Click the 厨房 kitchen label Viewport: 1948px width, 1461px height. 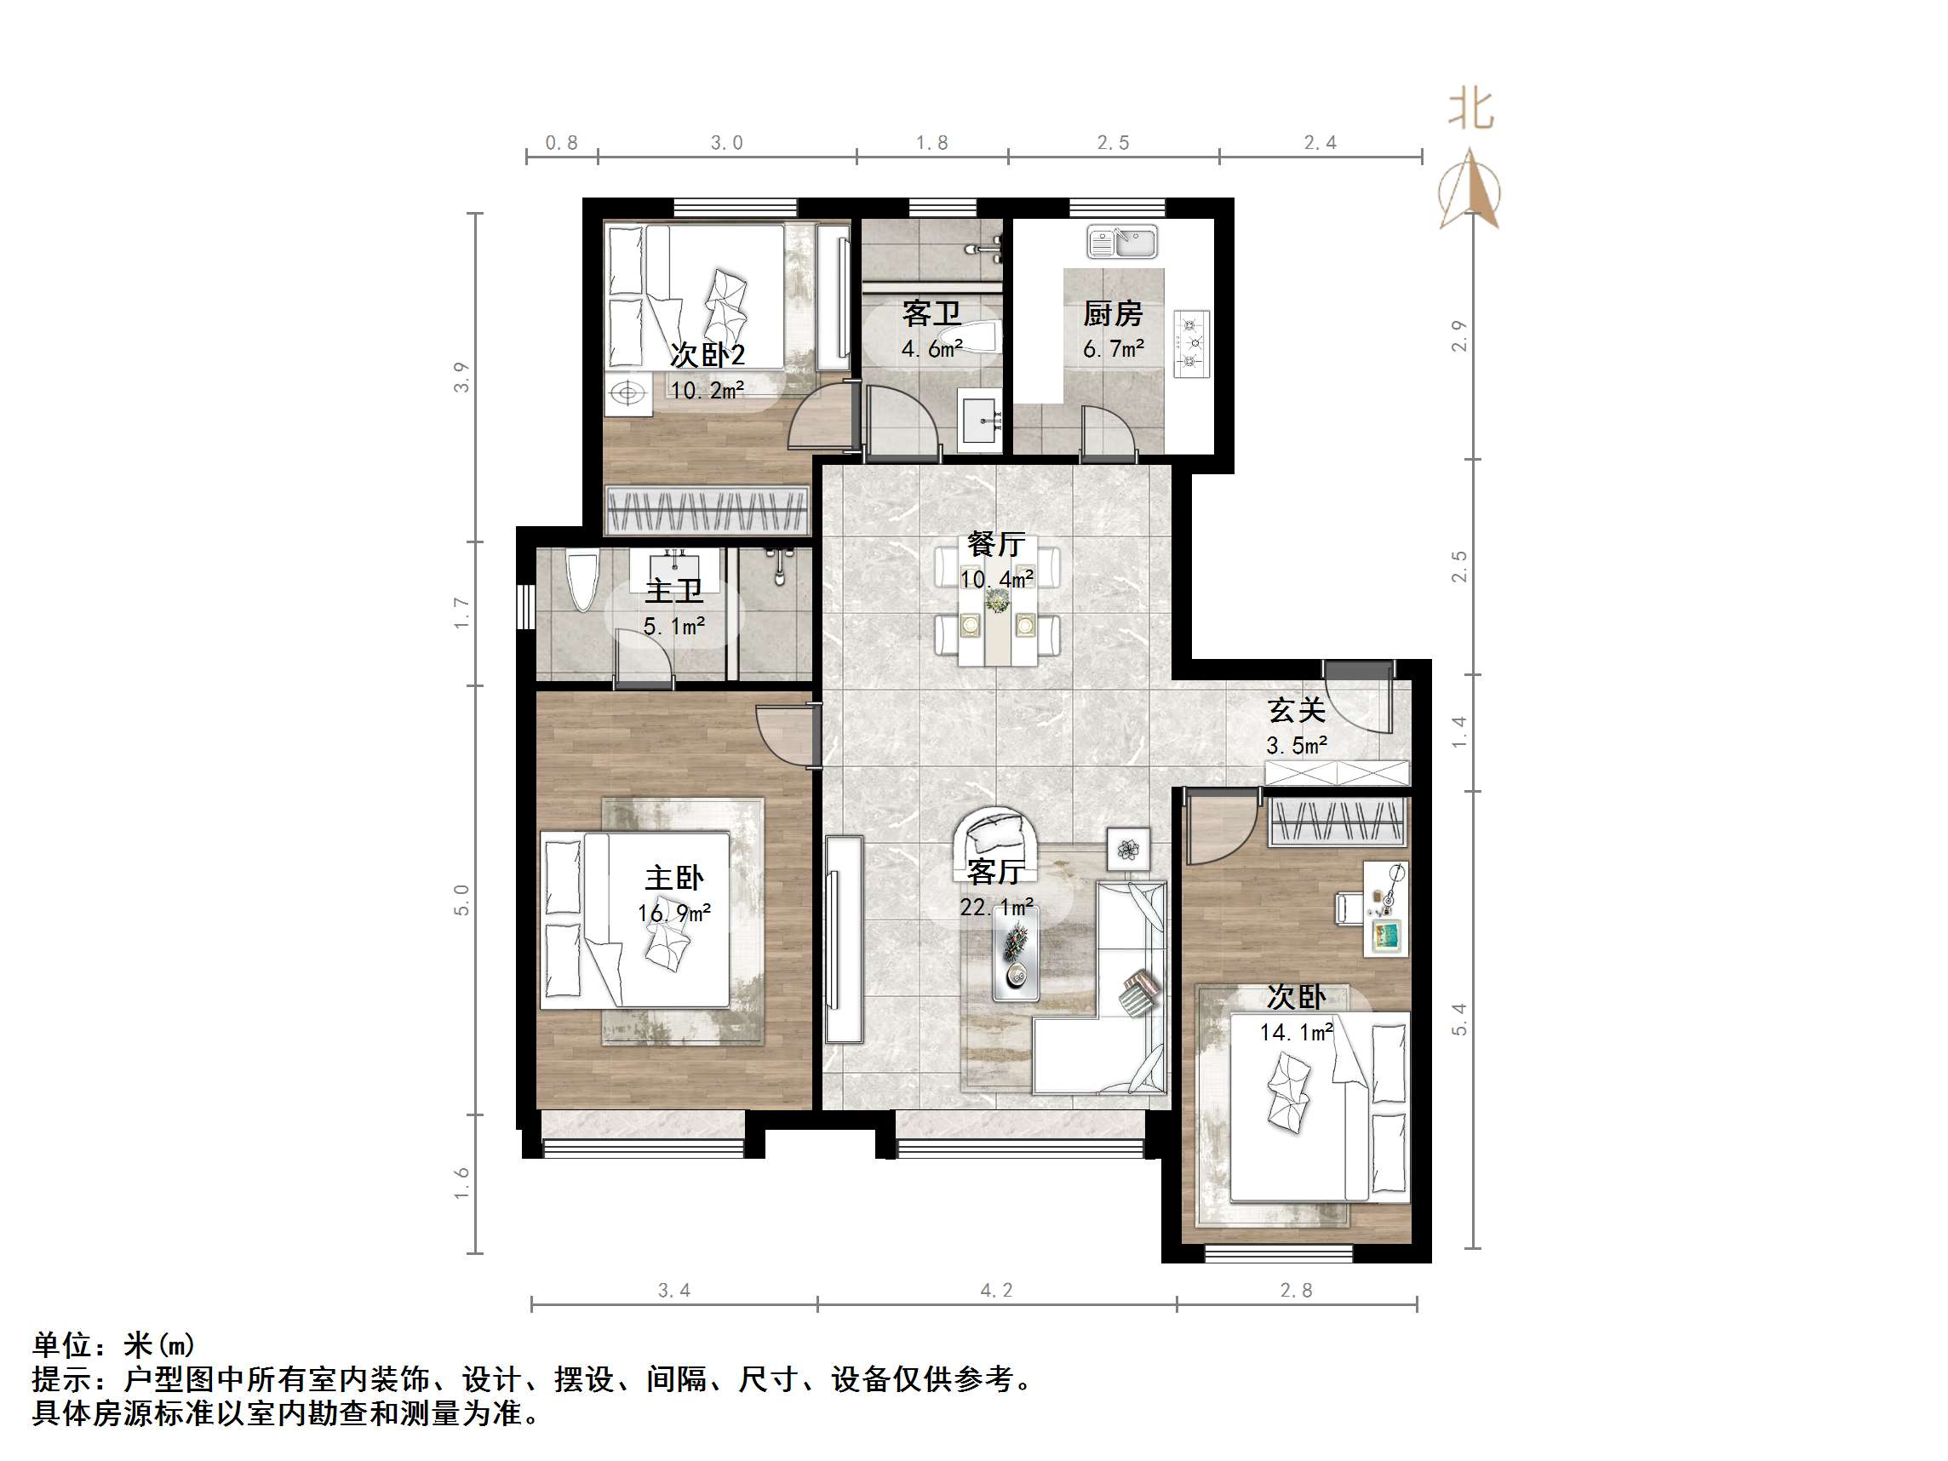1112,313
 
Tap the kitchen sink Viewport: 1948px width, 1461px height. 1122,242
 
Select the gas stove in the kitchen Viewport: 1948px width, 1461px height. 1190,343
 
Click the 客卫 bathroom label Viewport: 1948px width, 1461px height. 931,313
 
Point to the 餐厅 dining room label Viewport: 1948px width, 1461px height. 996,544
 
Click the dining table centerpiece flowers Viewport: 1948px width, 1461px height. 997,601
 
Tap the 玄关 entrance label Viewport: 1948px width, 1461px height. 1297,710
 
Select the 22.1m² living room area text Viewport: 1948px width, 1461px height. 996,907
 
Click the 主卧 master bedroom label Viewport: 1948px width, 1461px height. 673,877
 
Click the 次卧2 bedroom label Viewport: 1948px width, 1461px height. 708,355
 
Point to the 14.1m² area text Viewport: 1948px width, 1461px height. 1296,1032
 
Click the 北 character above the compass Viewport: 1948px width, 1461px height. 1470,110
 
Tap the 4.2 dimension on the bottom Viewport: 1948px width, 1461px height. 996,1291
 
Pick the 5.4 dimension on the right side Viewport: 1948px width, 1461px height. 1459,1019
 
